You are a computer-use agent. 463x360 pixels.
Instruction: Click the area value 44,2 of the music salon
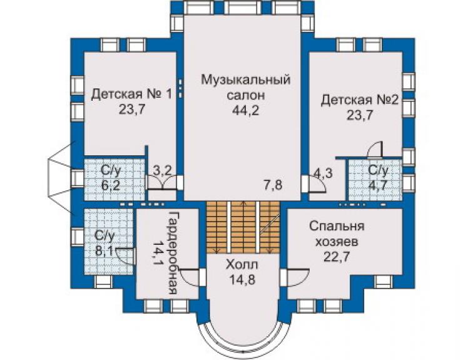(245, 111)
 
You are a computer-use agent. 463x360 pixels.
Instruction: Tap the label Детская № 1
(131, 95)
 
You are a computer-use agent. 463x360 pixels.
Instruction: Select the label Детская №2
(360, 100)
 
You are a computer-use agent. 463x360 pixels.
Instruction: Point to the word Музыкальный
(246, 81)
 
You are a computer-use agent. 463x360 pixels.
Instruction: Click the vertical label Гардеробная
(172, 253)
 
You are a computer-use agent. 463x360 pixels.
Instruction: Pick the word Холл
(242, 265)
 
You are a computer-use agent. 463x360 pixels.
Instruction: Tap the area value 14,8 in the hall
(242, 279)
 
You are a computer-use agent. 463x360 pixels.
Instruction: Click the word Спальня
(337, 227)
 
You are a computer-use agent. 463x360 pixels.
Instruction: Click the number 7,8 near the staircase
(273, 185)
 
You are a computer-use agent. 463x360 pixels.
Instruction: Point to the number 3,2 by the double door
(163, 170)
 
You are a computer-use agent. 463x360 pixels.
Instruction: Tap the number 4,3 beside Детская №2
(323, 173)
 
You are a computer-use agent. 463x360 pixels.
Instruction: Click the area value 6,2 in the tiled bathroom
(111, 185)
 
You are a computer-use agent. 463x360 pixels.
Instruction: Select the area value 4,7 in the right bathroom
(379, 186)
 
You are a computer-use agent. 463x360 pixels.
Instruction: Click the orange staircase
(243, 227)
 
